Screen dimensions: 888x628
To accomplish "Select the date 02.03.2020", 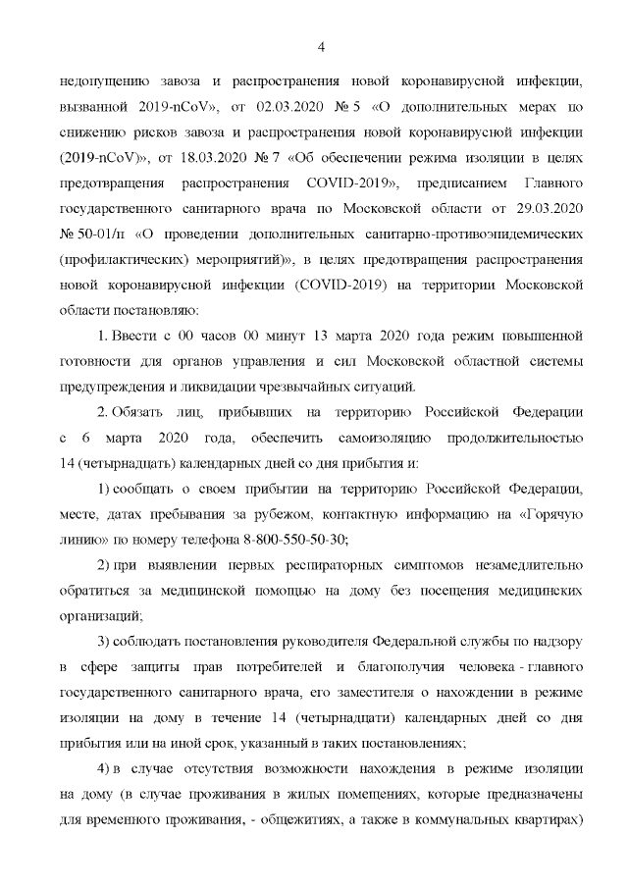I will [x=278, y=106].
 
